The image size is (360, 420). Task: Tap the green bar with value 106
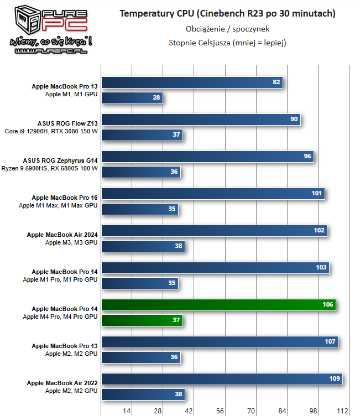click(219, 305)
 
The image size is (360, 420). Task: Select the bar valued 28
click(132, 98)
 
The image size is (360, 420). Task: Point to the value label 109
click(335, 379)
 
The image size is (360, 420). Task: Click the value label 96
click(307, 157)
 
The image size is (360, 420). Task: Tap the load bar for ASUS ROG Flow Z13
click(201, 120)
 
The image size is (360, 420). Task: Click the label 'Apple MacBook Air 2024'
click(62, 235)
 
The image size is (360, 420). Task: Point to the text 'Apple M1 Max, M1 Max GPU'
click(58, 205)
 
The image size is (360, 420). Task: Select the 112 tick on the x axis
click(342, 411)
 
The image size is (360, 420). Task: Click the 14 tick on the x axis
click(127, 411)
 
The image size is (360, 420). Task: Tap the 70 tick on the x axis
click(250, 411)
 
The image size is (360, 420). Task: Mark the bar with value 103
click(216, 268)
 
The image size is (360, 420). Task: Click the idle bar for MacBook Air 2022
click(143, 394)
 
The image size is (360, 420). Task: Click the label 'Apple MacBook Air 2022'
click(62, 383)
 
